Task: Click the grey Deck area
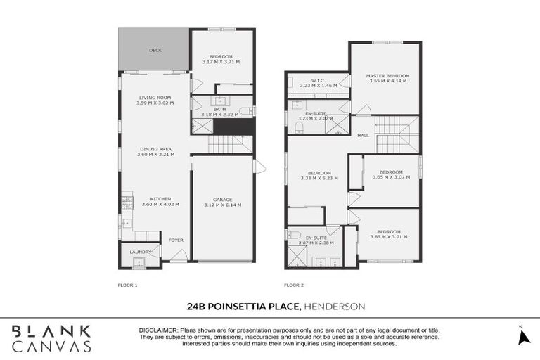tap(154, 50)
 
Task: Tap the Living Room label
tap(155, 98)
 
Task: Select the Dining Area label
tap(155, 149)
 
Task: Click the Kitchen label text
tap(160, 199)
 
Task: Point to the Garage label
tap(221, 199)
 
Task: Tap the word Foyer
tap(176, 240)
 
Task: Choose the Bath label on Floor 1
tap(220, 109)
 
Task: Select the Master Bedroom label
tap(389, 76)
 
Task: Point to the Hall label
tap(364, 136)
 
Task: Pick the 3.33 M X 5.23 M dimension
tap(319, 178)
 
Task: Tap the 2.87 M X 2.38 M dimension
tap(316, 243)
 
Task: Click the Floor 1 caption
tap(127, 285)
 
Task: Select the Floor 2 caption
tap(294, 285)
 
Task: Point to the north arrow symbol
tap(522, 337)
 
